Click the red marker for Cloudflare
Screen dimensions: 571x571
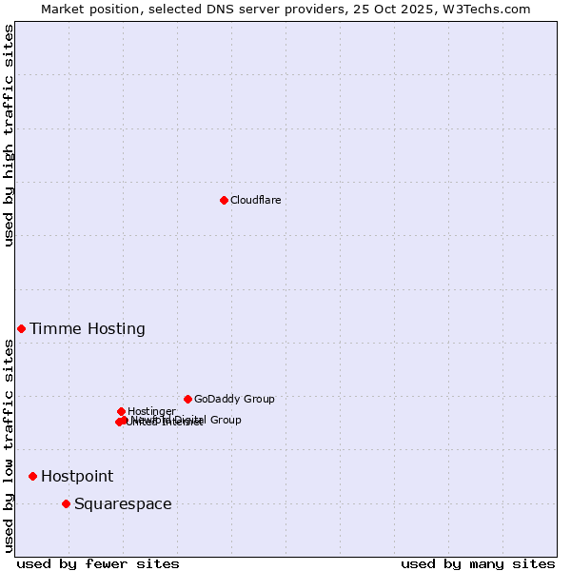click(x=224, y=200)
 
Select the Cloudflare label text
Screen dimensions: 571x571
click(x=255, y=200)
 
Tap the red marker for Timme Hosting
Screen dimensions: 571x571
click(x=21, y=328)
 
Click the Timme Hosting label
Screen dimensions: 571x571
click(x=88, y=329)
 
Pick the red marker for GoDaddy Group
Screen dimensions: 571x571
click(x=187, y=399)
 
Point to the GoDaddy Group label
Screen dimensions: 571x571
click(x=234, y=399)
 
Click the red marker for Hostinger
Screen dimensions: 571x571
click(x=121, y=411)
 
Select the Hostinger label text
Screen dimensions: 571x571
click(x=151, y=411)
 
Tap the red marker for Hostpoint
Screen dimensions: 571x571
click(x=32, y=476)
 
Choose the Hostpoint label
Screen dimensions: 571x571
click(x=77, y=477)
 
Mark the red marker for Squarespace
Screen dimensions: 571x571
click(x=66, y=503)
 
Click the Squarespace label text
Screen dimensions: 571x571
click(x=123, y=504)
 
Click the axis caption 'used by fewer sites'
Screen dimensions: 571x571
click(x=98, y=563)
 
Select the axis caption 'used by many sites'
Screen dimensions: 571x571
click(x=478, y=563)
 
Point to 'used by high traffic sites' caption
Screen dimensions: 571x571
click(x=10, y=135)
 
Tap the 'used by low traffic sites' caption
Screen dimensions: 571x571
click(x=10, y=445)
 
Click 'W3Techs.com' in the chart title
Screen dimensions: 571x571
click(x=491, y=9)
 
